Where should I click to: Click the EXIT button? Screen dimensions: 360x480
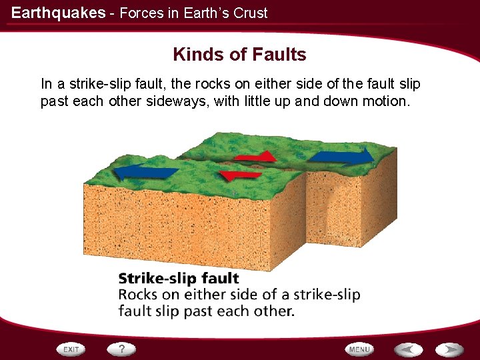click(x=70, y=349)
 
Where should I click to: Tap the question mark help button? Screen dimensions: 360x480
click(x=122, y=349)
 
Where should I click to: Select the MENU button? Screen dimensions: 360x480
click(x=359, y=349)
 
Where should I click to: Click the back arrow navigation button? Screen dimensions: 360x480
click(x=407, y=349)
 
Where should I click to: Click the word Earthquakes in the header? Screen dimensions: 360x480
click(x=58, y=13)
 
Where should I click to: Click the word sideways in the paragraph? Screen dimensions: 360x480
click(x=182, y=102)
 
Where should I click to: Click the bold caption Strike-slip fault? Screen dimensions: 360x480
click(x=179, y=278)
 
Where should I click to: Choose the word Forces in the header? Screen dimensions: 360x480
click(x=139, y=13)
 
